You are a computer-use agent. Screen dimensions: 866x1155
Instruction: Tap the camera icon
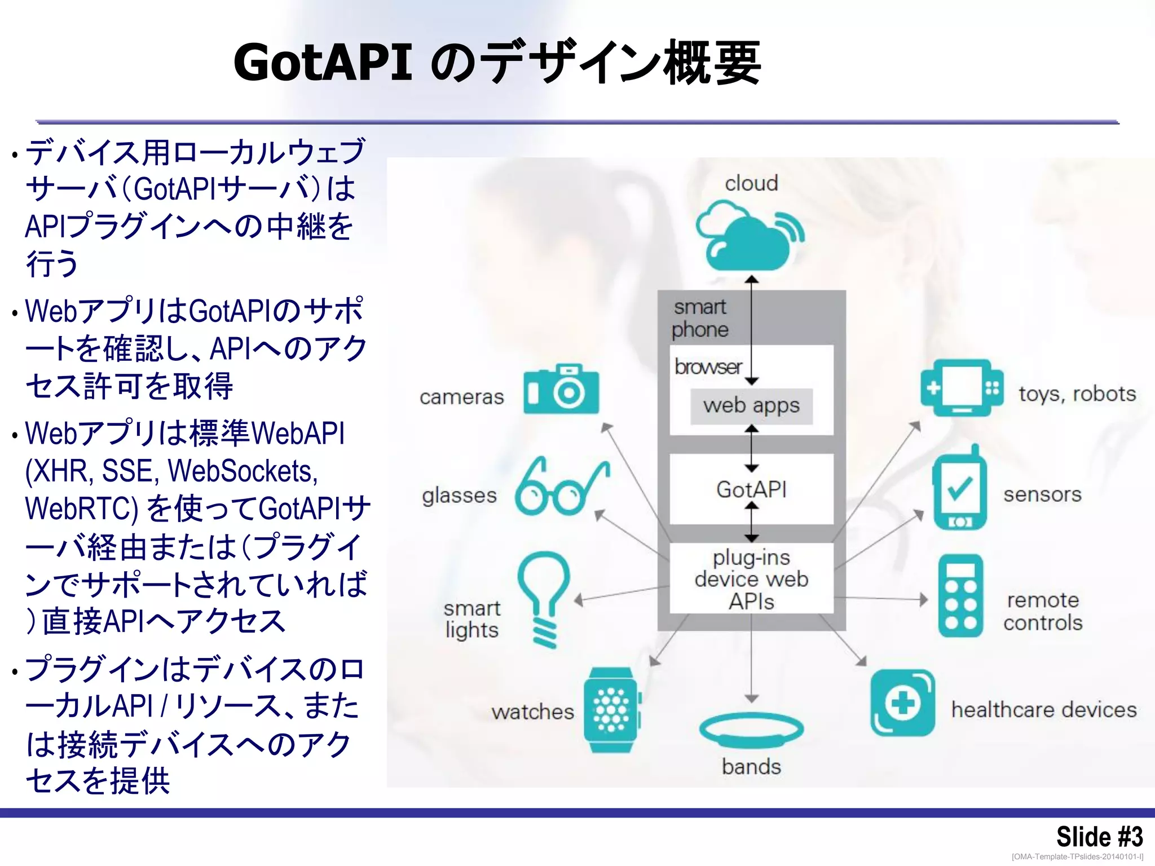(x=561, y=390)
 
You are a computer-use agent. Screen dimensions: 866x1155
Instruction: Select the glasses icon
(x=561, y=488)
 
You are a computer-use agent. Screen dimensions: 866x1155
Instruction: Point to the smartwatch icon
(x=611, y=710)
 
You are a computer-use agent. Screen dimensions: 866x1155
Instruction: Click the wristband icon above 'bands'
(x=751, y=730)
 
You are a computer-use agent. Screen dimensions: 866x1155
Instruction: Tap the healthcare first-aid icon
(x=902, y=703)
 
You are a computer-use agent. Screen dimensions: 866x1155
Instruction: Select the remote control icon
(x=960, y=596)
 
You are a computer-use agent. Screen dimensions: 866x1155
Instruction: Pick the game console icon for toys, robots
(x=962, y=388)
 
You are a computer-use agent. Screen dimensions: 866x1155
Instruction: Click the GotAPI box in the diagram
(x=751, y=489)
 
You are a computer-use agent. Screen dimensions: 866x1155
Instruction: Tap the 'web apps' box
(x=751, y=406)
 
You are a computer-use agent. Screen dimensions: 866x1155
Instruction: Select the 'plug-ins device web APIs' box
(x=751, y=579)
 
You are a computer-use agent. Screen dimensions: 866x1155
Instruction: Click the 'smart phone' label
(x=700, y=318)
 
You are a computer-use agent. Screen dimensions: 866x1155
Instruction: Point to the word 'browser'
(x=708, y=367)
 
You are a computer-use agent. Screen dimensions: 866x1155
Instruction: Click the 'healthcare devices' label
(x=1044, y=710)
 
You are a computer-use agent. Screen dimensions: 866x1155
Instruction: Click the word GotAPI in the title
(x=323, y=62)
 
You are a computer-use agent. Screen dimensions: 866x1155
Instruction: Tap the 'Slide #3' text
(x=1099, y=836)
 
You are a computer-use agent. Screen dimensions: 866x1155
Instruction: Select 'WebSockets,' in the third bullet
(x=243, y=471)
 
